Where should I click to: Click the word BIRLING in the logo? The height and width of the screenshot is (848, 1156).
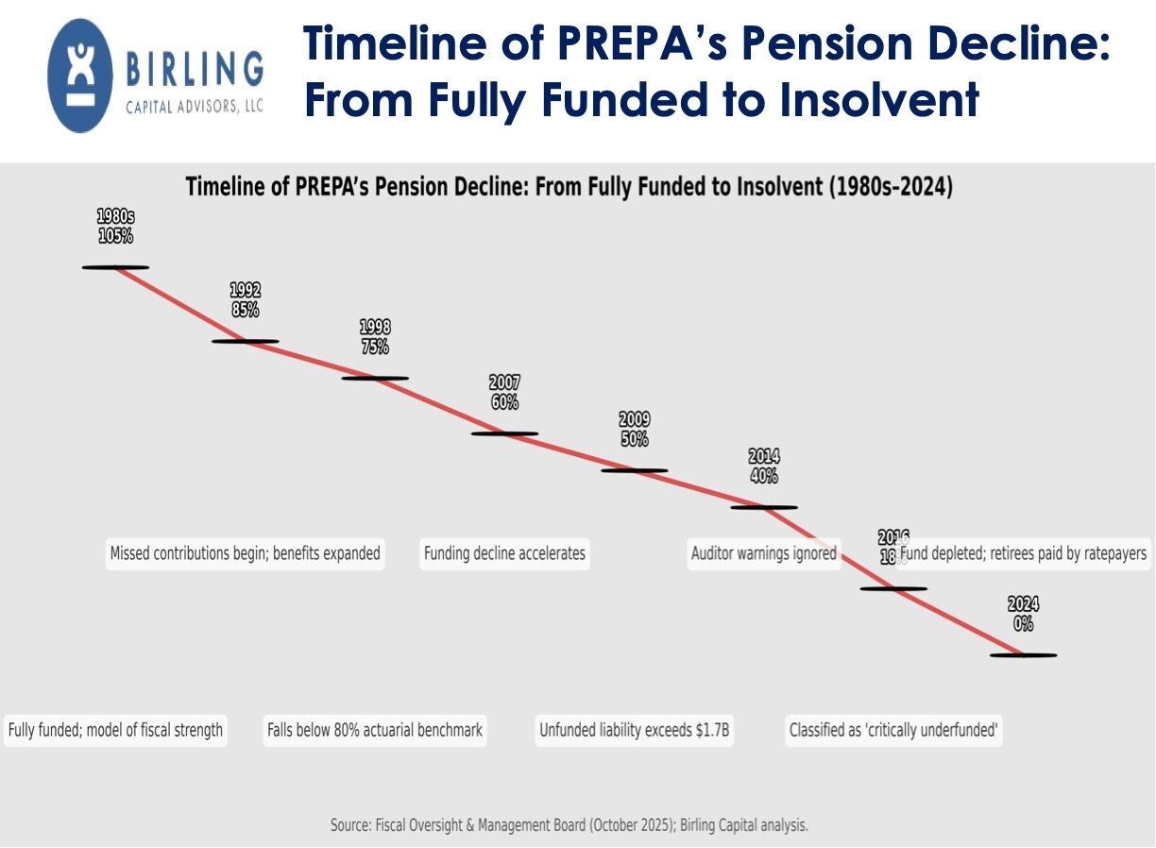(x=195, y=69)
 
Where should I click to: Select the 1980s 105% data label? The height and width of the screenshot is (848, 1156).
(x=115, y=227)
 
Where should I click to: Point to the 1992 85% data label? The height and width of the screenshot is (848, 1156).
(x=245, y=300)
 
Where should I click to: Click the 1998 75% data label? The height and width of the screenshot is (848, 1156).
(x=375, y=337)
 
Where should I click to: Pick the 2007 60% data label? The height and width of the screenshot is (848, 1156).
(x=504, y=393)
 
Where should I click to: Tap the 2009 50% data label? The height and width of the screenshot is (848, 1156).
(x=635, y=430)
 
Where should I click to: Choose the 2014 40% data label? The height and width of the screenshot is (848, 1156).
(x=764, y=466)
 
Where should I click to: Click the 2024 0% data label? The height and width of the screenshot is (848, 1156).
(x=1024, y=615)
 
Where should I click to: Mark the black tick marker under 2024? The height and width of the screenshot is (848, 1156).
(x=1024, y=654)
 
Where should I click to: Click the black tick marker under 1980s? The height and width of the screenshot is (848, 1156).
(x=115, y=267)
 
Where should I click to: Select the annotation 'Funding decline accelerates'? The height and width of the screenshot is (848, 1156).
(x=504, y=553)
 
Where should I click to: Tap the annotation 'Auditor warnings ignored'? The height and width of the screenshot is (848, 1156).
(x=763, y=553)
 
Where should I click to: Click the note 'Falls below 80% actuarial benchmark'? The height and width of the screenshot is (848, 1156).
(x=375, y=730)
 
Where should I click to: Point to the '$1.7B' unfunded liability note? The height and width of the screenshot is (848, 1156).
(x=635, y=730)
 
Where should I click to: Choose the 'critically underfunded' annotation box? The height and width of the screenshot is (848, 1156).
(x=893, y=730)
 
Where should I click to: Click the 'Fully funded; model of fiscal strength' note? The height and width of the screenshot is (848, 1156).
(x=115, y=730)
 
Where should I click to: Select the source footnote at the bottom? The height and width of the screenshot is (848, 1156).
(x=569, y=825)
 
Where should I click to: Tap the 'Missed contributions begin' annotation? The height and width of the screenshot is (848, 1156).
(x=245, y=553)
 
